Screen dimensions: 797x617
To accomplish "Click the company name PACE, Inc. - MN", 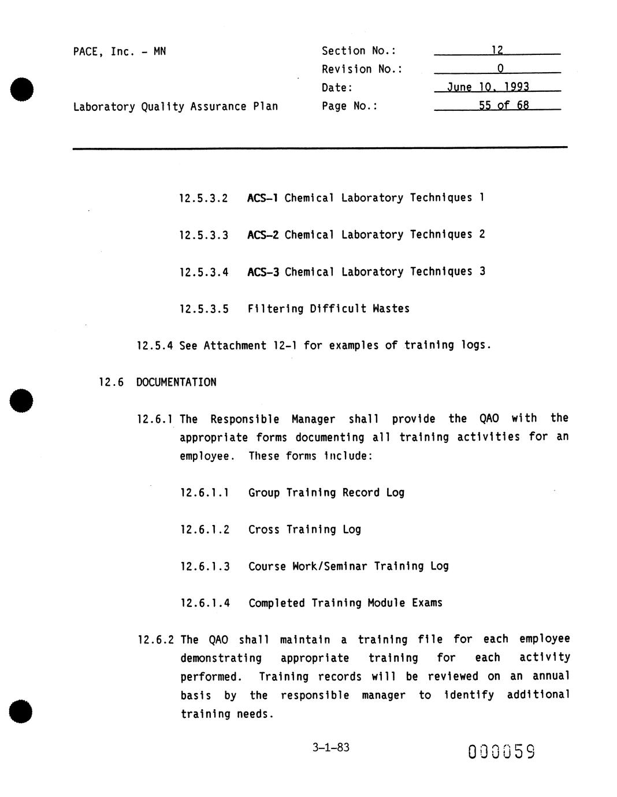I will [x=119, y=51].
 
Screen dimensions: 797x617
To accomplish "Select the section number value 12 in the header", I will [x=497, y=50].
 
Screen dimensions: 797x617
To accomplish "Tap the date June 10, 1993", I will [x=488, y=87].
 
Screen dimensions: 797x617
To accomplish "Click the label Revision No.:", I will [x=362, y=69].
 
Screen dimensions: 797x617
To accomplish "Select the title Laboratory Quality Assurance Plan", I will [x=175, y=106].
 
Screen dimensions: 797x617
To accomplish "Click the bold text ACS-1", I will [x=263, y=198].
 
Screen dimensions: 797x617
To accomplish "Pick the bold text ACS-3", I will [x=263, y=271].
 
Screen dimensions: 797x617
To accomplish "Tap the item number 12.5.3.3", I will [x=203, y=235].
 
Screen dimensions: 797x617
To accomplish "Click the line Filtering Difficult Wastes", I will [x=328, y=308].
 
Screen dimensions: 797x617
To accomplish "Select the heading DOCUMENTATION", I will [x=176, y=382].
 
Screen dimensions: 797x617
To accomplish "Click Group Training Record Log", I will [x=326, y=493].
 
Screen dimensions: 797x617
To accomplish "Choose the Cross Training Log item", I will [x=304, y=530].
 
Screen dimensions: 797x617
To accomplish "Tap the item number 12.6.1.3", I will [x=205, y=567].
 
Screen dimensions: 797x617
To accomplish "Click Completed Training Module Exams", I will [x=345, y=603].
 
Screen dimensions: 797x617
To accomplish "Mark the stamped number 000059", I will [x=501, y=751].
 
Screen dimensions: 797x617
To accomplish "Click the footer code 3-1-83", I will [x=330, y=747].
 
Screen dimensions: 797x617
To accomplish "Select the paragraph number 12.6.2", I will [x=155, y=640].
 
